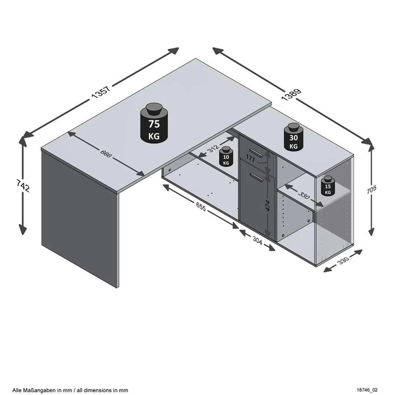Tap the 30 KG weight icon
(293, 137)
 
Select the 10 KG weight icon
(226, 157)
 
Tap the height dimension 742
(23, 186)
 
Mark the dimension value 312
(213, 148)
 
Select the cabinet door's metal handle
(256, 177)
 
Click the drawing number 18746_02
(367, 390)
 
